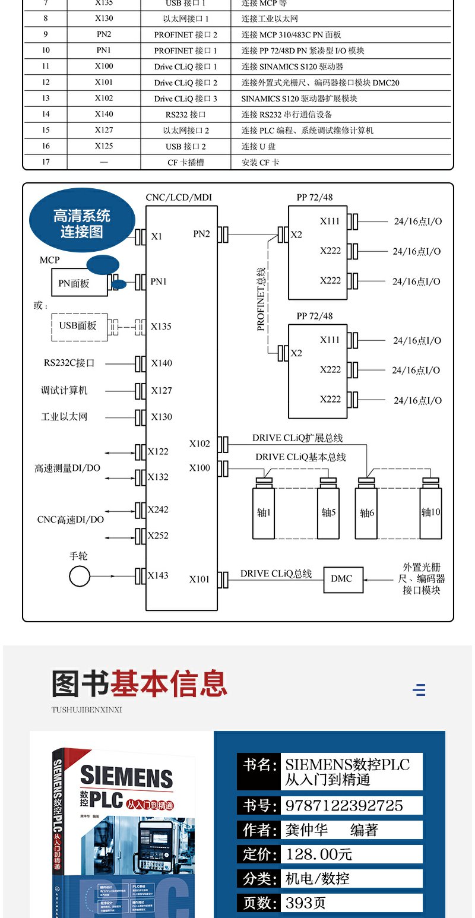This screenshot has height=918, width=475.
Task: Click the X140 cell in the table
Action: (x=104, y=114)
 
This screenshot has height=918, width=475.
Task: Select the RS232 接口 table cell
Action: (x=186, y=114)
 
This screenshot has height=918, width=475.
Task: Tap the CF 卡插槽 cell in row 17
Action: (x=186, y=162)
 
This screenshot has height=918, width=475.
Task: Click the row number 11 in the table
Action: (x=46, y=66)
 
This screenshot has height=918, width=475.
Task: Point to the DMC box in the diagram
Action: (x=343, y=578)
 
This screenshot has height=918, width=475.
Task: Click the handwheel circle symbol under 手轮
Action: (x=80, y=576)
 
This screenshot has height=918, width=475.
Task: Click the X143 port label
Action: (x=158, y=575)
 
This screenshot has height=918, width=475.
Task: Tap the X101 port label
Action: (x=199, y=579)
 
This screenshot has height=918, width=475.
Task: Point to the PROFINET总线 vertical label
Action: (x=261, y=299)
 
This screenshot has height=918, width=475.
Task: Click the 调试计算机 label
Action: (x=64, y=390)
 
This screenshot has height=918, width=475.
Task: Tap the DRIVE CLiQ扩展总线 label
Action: (x=297, y=438)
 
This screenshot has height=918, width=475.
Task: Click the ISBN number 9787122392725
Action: (x=344, y=805)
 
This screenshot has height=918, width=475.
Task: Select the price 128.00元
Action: (x=319, y=854)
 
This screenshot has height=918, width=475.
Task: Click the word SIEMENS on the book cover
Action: (x=126, y=777)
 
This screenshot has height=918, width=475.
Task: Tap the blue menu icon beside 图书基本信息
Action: (x=419, y=689)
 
